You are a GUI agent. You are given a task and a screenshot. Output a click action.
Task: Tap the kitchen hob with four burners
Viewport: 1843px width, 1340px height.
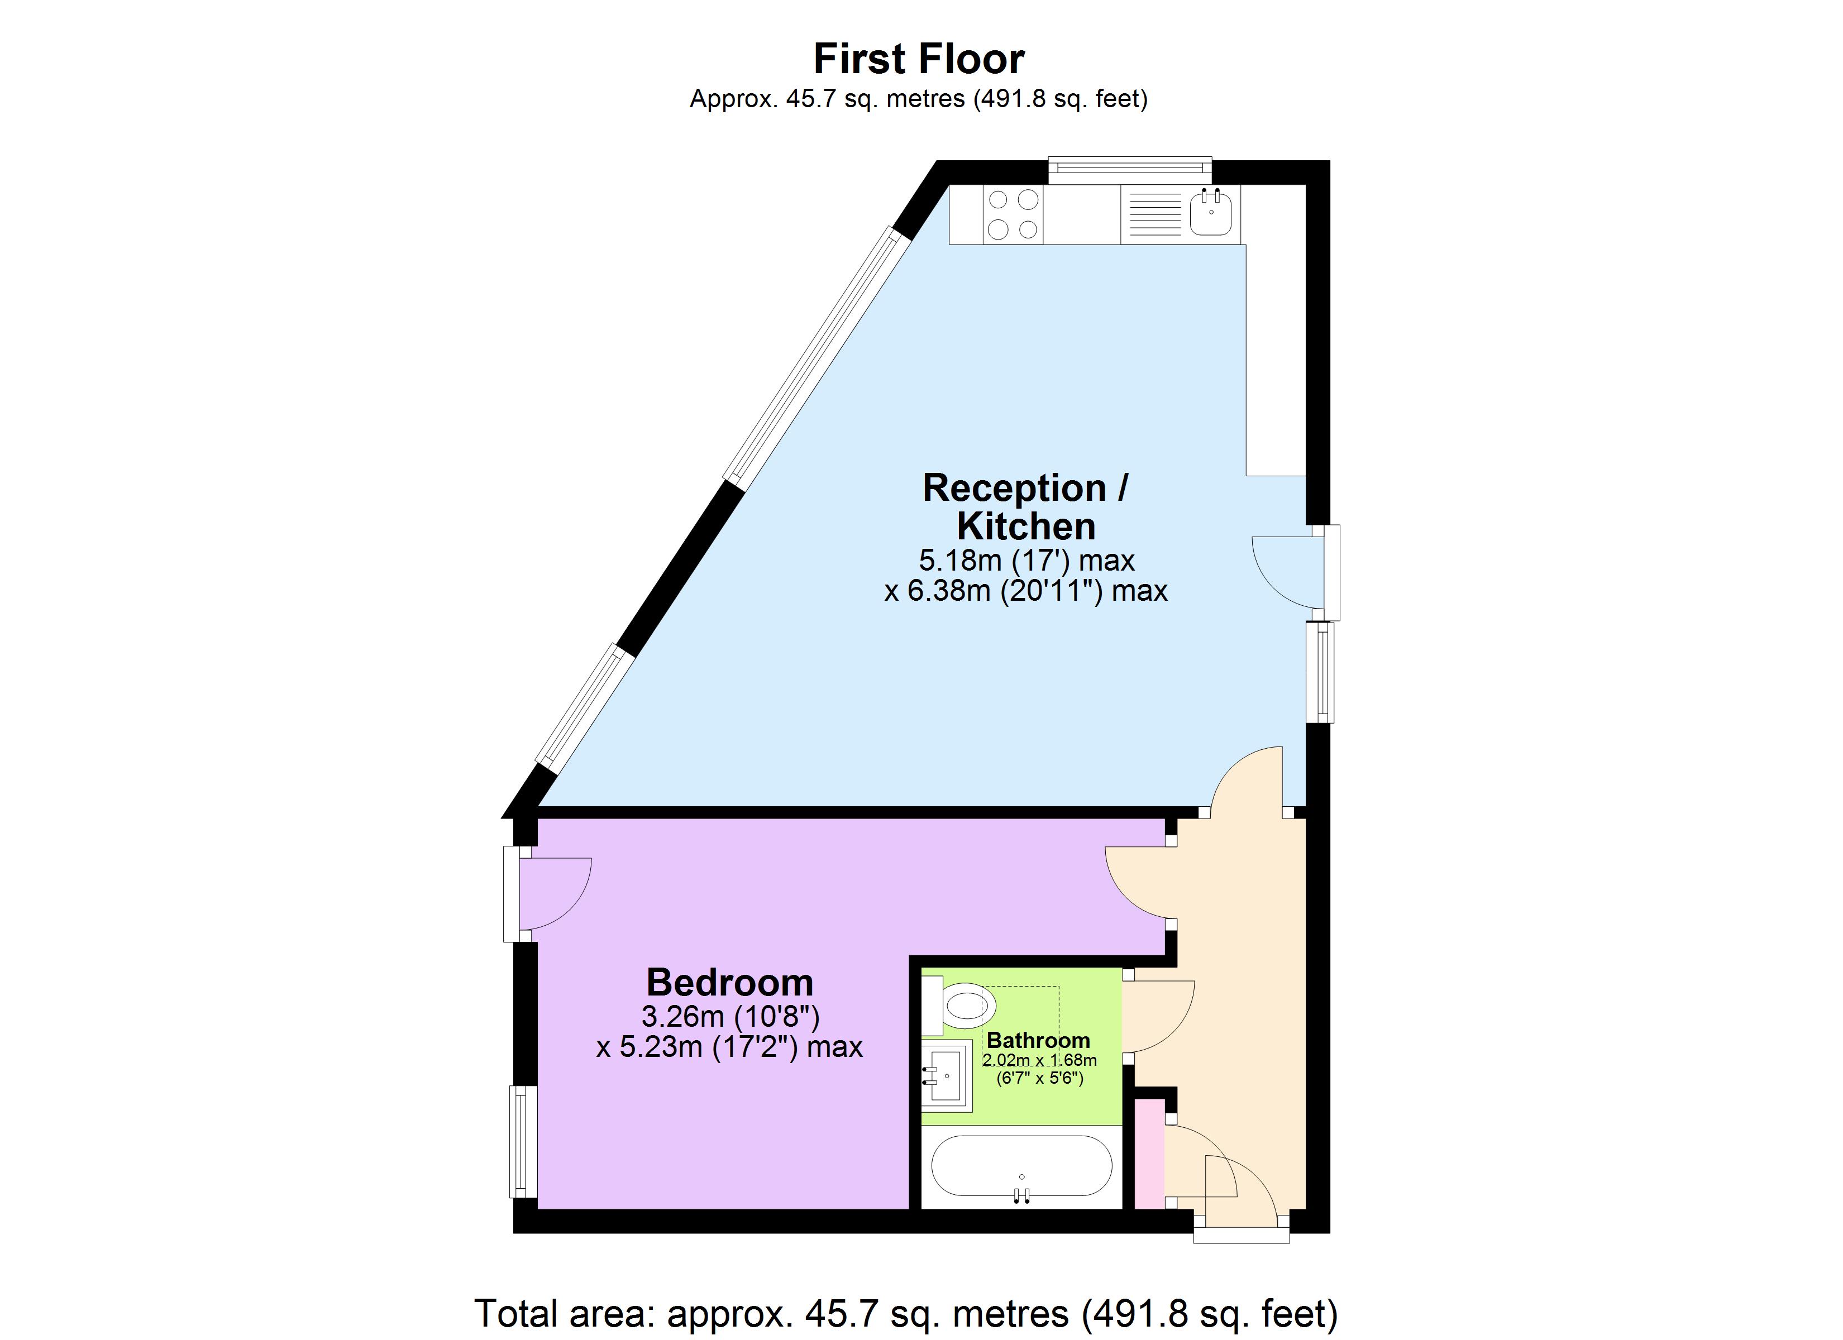click(1013, 214)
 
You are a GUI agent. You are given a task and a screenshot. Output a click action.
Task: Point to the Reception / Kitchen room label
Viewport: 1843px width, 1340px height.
click(1025, 507)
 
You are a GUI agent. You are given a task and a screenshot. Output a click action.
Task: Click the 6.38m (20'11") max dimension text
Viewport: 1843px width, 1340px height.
click(1025, 591)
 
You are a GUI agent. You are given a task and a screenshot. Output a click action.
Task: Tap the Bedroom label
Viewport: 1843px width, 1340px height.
click(730, 983)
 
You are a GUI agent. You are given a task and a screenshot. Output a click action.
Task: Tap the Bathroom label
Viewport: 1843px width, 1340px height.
click(1038, 1041)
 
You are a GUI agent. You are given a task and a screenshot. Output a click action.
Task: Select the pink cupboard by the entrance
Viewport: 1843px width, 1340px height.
click(1148, 1154)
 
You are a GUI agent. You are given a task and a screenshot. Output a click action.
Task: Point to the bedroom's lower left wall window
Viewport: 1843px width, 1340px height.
click(523, 1142)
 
